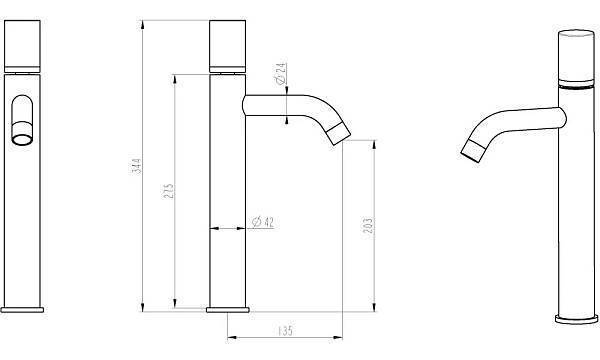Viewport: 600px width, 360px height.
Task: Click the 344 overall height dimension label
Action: [137, 166]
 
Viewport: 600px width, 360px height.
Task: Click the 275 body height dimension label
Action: [169, 191]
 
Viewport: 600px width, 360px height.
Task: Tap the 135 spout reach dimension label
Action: [285, 330]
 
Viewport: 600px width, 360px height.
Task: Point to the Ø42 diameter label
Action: [263, 222]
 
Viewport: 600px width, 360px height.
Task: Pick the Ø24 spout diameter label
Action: [280, 73]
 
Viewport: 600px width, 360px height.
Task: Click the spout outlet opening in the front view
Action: [22, 139]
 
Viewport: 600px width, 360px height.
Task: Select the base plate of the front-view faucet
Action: [22, 310]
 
